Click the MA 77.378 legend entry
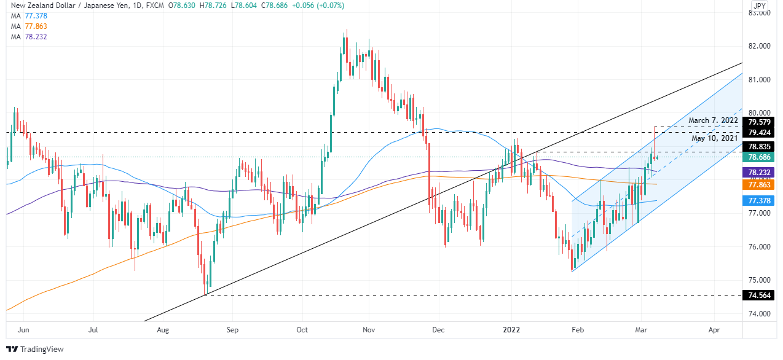point(29,15)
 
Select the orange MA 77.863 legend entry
point(29,26)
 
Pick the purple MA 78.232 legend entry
point(29,37)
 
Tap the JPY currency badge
point(760,7)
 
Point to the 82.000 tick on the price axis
point(760,46)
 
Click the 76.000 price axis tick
point(760,247)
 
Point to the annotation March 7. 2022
point(713,121)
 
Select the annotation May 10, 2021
point(715,138)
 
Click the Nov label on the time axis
point(369,329)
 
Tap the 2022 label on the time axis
point(512,329)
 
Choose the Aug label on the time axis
point(163,329)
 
